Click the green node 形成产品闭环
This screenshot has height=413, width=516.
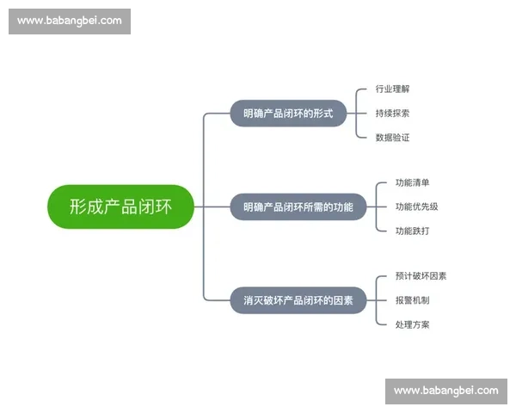(120, 206)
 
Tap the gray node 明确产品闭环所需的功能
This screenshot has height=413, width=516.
(298, 206)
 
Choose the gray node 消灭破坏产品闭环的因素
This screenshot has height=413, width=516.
(298, 300)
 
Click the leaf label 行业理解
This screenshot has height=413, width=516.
(393, 89)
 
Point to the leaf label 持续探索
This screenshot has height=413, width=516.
(393, 113)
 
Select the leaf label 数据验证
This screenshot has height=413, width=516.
(393, 137)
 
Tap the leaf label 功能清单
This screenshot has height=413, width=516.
(412, 182)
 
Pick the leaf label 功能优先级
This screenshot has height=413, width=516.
(417, 206)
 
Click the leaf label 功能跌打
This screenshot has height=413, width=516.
(412, 231)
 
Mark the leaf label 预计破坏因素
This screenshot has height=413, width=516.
(421, 276)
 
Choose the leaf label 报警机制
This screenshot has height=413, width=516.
(412, 300)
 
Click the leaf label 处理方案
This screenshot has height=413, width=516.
(412, 324)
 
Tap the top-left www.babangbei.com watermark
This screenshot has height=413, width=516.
(69, 21)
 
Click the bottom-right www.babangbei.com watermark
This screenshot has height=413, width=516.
(445, 391)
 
